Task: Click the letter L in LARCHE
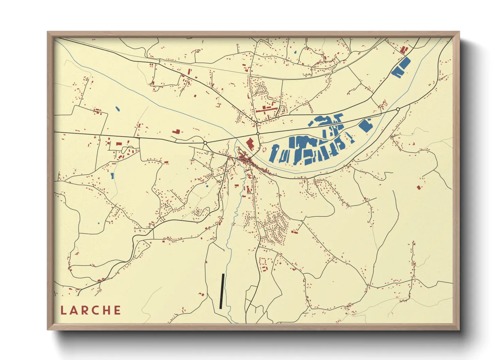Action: tap(63, 310)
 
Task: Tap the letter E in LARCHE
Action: tap(117, 310)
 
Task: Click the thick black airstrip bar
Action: tap(222, 291)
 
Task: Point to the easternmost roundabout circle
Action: tap(398, 109)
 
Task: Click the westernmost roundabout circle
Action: tap(205, 143)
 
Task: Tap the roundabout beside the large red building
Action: tap(258, 134)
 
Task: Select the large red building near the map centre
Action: tap(250, 144)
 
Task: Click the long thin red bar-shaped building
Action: tap(267, 110)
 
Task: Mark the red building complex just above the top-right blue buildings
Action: tap(404, 50)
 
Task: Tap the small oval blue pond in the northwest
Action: tap(117, 109)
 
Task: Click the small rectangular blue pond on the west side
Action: tap(112, 176)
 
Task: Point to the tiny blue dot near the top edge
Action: tap(295, 52)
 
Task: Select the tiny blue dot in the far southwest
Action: tap(98, 223)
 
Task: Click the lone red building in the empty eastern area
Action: tap(419, 187)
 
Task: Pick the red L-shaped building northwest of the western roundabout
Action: tap(176, 131)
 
